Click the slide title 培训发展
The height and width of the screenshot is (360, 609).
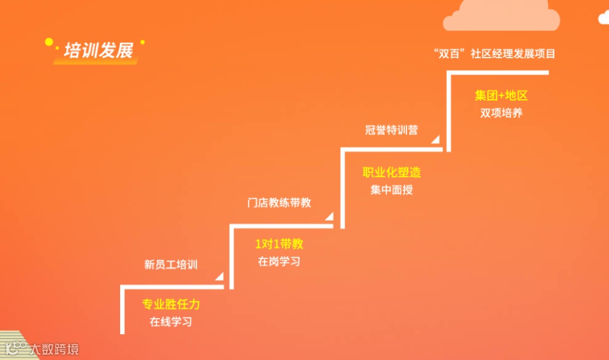pos(99,51)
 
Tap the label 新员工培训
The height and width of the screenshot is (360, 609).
pos(171,264)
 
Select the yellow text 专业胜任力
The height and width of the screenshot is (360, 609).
pos(171,305)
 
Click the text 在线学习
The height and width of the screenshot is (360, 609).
pos(171,322)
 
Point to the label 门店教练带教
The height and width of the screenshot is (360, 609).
pos(279,202)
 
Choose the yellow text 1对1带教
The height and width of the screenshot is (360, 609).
pos(279,244)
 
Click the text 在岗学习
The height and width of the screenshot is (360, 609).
pos(279,261)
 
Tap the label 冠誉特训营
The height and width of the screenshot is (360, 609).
pos(391,130)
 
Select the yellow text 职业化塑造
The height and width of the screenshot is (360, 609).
pos(391,172)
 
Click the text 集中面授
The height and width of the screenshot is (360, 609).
pos(391,190)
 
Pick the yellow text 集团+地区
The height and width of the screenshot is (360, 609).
pos(501,95)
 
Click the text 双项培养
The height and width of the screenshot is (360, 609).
pos(501,113)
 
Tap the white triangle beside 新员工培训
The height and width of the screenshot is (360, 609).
pos(220,276)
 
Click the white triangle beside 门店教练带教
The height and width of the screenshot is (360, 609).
pos(329,216)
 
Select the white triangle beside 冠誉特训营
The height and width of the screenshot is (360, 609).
pos(436,139)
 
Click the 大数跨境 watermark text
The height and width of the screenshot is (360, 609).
pos(55,349)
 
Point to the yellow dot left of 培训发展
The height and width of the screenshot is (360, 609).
pos(49,41)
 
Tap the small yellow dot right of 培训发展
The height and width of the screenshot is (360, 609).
pos(142,42)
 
